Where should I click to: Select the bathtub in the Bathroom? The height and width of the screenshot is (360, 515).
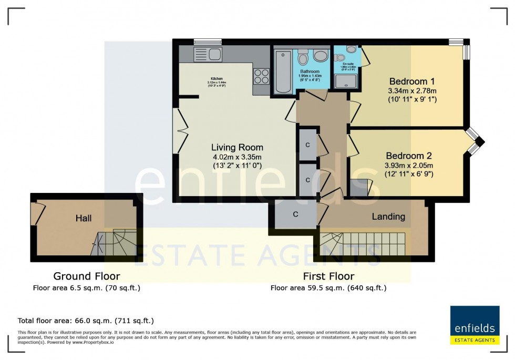[x=283, y=71]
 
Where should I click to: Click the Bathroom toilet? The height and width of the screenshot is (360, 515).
[x=320, y=56]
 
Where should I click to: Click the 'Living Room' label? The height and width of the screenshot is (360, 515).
[x=237, y=147]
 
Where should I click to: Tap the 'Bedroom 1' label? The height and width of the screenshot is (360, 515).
[x=412, y=81]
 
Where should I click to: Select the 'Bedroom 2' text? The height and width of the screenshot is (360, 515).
[x=408, y=156]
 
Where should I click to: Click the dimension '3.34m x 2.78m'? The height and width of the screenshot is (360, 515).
[x=412, y=90]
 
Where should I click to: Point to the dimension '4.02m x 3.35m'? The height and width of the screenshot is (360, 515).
[x=237, y=157]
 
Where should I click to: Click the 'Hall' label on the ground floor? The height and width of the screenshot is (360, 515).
[x=84, y=218]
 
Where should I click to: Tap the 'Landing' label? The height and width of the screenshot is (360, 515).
[x=388, y=216]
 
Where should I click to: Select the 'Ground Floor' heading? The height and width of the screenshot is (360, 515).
[x=87, y=276]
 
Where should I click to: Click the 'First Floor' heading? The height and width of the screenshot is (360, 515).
[x=328, y=276]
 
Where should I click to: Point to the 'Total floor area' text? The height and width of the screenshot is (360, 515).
[x=86, y=320]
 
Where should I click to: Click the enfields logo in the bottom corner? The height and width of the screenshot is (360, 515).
[x=473, y=325]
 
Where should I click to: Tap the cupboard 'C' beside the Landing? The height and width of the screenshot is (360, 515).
[x=295, y=214]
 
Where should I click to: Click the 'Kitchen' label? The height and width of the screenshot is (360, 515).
[x=216, y=79]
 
